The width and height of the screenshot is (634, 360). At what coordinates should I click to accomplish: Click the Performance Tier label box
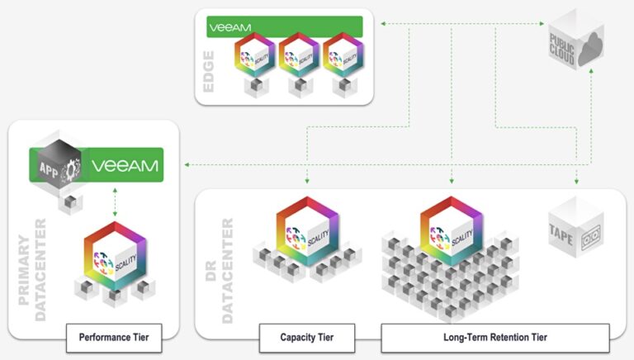[x=114, y=337]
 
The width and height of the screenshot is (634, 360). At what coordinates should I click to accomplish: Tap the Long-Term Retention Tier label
[x=494, y=337]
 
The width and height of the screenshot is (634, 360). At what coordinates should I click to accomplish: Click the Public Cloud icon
[x=575, y=42]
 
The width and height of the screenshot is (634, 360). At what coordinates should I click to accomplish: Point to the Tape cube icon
[x=574, y=233]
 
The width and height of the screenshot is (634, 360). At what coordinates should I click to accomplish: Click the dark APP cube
[x=56, y=165]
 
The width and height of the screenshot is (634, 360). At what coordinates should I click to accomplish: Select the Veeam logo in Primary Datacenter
[x=125, y=166]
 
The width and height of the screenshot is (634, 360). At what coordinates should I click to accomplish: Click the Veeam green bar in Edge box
[x=284, y=27]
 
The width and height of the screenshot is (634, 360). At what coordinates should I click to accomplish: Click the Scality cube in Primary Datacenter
[x=115, y=253]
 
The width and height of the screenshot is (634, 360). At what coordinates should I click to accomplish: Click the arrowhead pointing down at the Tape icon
[x=576, y=180]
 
